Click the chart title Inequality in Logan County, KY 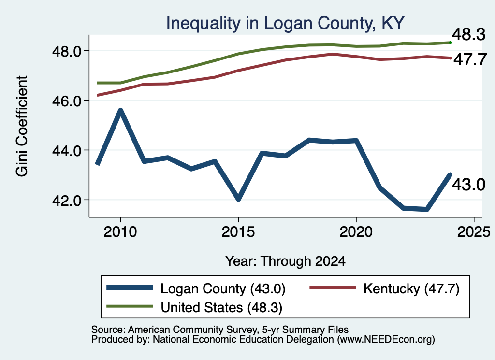[x=285, y=23]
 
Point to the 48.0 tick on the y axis [x=66, y=51]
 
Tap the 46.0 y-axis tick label [x=66, y=101]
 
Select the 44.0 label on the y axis [x=66, y=150]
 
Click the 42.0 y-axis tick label [x=66, y=201]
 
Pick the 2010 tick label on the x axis [x=120, y=232]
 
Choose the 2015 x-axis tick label [x=238, y=232]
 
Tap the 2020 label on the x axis [x=356, y=232]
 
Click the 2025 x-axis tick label [x=474, y=232]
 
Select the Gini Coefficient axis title [x=22, y=126]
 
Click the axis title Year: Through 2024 [x=285, y=261]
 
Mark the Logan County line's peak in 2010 [x=120, y=110]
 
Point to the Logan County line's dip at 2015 [x=238, y=199]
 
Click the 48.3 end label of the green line [x=468, y=34]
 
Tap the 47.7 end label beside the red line [x=470, y=59]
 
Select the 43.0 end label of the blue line [x=468, y=184]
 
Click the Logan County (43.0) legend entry [x=196, y=288]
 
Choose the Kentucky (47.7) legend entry [x=384, y=288]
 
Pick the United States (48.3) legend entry [x=194, y=307]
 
